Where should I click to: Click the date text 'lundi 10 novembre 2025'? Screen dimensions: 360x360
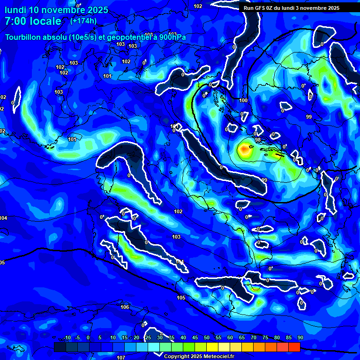pyautogui.click(x=56, y=10)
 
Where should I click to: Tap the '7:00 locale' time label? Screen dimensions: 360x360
pyautogui.click(x=33, y=21)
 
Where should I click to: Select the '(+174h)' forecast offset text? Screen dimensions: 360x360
pyautogui.click(x=83, y=21)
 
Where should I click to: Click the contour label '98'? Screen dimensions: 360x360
pyautogui.click(x=258, y=140)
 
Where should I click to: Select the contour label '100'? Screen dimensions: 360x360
pyautogui.click(x=243, y=100)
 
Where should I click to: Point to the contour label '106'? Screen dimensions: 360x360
pyautogui.click(x=124, y=307)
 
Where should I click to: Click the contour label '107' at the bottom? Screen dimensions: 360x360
pyautogui.click(x=121, y=358)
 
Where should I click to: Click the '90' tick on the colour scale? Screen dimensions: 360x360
pyautogui.click(x=300, y=338)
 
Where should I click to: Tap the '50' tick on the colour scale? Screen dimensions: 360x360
pyautogui.click(x=207, y=338)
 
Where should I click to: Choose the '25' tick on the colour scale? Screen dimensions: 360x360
pyautogui.click(x=148, y=338)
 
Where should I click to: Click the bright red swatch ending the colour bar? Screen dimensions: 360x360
pyautogui.click(x=294, y=347)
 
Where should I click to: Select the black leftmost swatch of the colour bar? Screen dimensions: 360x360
pyautogui.click(x=60, y=347)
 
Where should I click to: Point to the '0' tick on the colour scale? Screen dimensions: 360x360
pyautogui.click(x=88, y=338)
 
